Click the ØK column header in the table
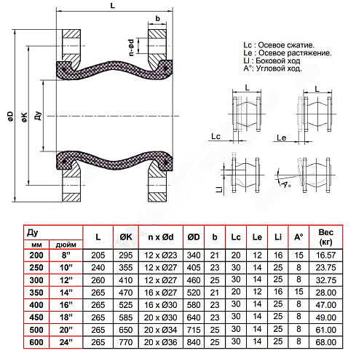125,237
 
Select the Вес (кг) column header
326,237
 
